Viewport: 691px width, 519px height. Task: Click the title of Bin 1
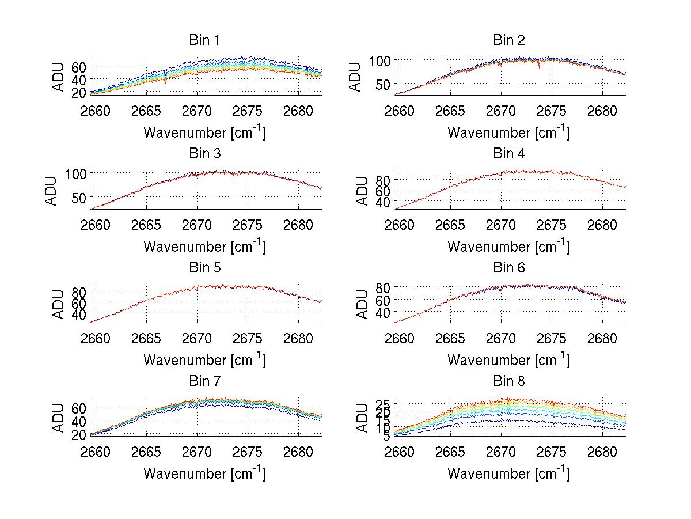(x=204, y=40)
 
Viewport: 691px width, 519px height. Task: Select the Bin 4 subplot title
(x=509, y=154)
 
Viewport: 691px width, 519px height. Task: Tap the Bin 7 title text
(x=204, y=381)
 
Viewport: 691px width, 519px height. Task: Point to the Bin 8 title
(x=509, y=381)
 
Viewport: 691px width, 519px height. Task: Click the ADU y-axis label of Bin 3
(x=51, y=191)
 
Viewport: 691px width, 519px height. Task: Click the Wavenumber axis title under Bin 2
(x=508, y=132)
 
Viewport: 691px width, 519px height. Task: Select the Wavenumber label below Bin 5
(x=204, y=360)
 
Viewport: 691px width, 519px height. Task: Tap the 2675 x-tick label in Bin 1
(x=248, y=111)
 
